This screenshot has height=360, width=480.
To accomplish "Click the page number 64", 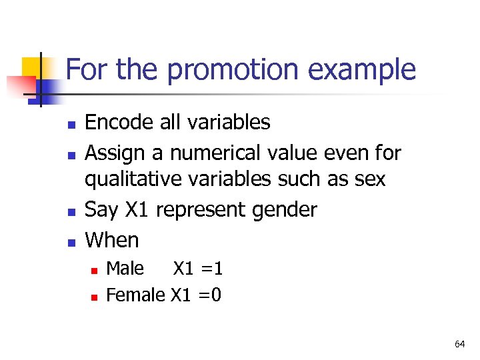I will pyautogui.click(x=459, y=344).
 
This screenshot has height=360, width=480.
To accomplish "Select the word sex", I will pyautogui.click(x=369, y=180).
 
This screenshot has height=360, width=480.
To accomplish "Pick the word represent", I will pyautogui.click(x=202, y=210).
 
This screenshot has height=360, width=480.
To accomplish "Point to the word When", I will pyautogui.click(x=113, y=240).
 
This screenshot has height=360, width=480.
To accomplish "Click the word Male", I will pyautogui.click(x=125, y=269).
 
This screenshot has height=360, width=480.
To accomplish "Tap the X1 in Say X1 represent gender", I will pyautogui.click(x=137, y=210).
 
